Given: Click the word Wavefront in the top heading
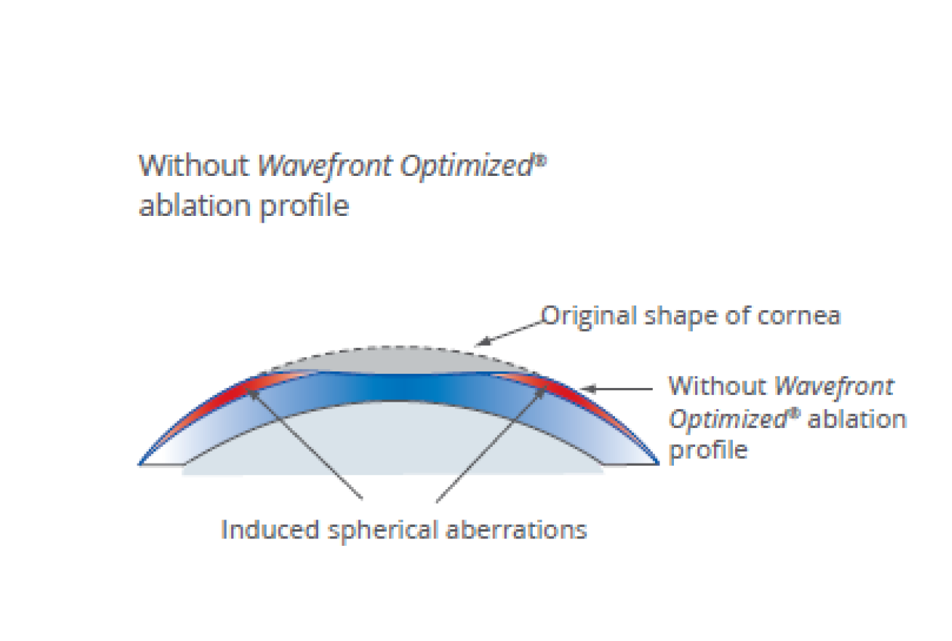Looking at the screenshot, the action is [x=325, y=166].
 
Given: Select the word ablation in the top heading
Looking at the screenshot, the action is [x=195, y=205].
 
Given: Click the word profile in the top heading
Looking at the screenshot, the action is [x=304, y=208].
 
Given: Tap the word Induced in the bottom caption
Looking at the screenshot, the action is [x=270, y=530].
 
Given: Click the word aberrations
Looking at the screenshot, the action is [x=516, y=530].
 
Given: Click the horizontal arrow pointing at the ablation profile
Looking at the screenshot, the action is [x=617, y=389].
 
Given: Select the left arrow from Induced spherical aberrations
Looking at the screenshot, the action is [x=304, y=443].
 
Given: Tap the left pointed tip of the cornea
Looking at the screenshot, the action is [x=139, y=464].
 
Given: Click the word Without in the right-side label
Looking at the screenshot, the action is [x=718, y=386].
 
